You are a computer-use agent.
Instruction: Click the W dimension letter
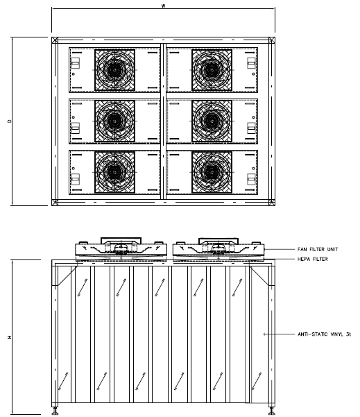point(163,6)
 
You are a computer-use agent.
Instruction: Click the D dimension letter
point(10,121)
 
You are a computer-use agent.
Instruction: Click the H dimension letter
point(10,337)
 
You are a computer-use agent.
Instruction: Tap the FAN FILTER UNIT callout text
point(318,249)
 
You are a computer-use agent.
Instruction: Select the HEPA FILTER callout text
point(312,259)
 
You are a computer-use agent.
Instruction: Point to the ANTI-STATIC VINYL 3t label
point(324,334)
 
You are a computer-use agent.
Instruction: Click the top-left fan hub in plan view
point(115,70)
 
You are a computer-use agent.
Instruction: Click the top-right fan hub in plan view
point(212,70)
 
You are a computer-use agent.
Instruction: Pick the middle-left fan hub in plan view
point(115,121)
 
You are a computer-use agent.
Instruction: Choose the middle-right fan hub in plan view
point(212,121)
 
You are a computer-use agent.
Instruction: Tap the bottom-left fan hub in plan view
point(115,172)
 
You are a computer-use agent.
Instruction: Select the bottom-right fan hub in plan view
point(212,172)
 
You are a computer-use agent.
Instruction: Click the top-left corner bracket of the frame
point(55,40)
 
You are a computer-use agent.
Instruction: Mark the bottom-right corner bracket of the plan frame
point(272,203)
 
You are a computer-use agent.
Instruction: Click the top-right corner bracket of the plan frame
point(272,40)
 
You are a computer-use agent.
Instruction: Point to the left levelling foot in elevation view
point(55,410)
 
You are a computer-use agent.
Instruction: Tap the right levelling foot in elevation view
point(272,410)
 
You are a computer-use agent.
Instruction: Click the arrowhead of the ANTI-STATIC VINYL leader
point(264,334)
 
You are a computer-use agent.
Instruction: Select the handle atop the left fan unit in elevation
point(121,240)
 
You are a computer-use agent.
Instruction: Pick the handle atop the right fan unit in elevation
point(218,240)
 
